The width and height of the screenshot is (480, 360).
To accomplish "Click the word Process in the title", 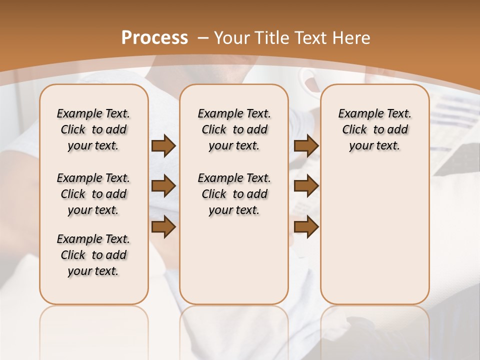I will click(x=154, y=37).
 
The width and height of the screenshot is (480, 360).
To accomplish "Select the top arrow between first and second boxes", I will click(x=163, y=145).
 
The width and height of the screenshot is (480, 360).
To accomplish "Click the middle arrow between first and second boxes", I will click(x=163, y=186).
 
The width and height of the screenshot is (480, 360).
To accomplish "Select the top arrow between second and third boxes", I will click(x=306, y=145).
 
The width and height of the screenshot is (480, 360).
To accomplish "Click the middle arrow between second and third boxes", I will click(x=306, y=186).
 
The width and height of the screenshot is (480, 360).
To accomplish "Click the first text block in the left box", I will click(x=93, y=129).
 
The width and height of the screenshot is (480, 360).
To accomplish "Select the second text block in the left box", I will click(x=93, y=194).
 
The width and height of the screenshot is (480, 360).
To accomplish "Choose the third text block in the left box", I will click(x=93, y=255).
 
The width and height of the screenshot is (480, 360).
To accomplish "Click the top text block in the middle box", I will click(x=234, y=129).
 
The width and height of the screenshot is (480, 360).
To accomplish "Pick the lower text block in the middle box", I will click(x=234, y=194).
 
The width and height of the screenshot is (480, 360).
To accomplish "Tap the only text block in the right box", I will click(x=374, y=129).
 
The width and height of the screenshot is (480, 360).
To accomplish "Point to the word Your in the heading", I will click(x=232, y=37).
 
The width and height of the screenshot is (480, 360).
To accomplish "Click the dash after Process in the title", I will click(x=203, y=38).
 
